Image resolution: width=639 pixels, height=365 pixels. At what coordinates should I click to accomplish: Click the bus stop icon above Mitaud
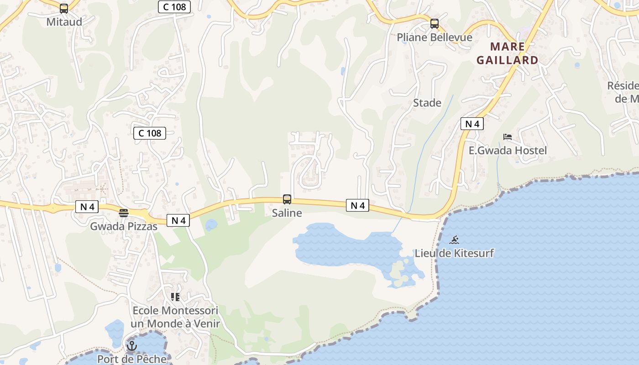click(x=64, y=8)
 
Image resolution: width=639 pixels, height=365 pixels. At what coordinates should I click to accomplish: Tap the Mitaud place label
click(x=64, y=22)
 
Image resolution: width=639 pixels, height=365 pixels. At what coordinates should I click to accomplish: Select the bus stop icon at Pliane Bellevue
click(x=435, y=24)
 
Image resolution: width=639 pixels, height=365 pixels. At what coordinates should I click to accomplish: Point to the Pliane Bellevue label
click(x=435, y=37)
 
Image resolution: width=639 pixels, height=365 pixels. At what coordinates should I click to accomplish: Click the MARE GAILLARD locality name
click(x=508, y=53)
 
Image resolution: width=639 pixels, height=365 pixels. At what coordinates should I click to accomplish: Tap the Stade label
click(x=427, y=103)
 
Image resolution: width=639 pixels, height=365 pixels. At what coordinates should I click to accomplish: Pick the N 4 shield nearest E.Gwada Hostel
click(x=472, y=124)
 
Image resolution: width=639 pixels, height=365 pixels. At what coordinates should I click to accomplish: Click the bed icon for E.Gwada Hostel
click(x=508, y=136)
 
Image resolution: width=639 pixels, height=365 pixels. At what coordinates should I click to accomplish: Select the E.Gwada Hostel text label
click(x=508, y=151)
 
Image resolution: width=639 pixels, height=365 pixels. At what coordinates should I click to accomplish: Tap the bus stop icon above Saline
click(x=287, y=199)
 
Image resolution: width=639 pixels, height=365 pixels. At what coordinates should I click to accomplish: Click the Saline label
click(x=287, y=213)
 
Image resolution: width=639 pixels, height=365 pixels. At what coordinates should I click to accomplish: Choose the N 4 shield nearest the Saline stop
click(x=357, y=206)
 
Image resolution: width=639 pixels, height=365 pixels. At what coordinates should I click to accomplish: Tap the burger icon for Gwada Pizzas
click(x=124, y=213)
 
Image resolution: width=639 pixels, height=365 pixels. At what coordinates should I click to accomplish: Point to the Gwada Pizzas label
click(x=124, y=226)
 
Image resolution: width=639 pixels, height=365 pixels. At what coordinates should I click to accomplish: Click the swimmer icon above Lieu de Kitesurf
click(x=454, y=240)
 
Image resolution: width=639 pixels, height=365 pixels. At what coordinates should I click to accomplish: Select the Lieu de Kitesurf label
click(x=454, y=253)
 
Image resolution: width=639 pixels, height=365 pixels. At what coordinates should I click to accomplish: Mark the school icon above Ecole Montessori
click(x=175, y=297)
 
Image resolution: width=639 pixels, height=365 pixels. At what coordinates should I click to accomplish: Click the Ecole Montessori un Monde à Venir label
click(x=175, y=317)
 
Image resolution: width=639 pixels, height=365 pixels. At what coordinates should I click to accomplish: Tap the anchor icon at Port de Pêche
click(x=132, y=346)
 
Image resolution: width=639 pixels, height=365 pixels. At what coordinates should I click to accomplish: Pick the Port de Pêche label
click(x=132, y=359)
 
